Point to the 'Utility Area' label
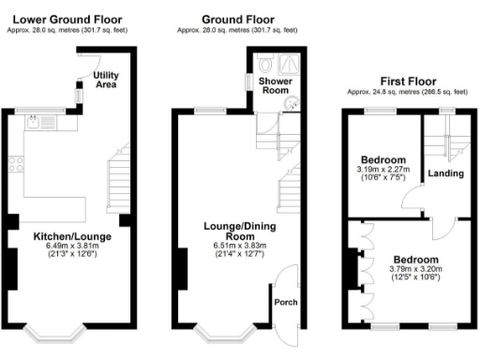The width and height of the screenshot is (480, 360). [x=106, y=80]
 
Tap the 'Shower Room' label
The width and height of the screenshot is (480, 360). [x=277, y=87]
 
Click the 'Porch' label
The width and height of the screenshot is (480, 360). [x=284, y=302]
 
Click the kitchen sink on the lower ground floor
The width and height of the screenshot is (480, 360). [x=38, y=121]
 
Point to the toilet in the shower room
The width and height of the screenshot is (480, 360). [x=268, y=64]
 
